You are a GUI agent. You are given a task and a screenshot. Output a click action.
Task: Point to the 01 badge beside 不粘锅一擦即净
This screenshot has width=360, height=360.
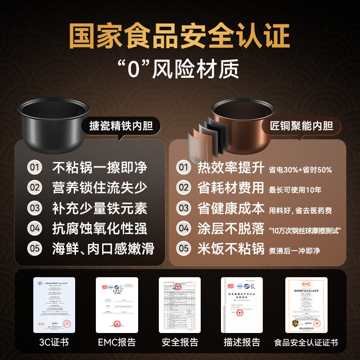click(35, 168)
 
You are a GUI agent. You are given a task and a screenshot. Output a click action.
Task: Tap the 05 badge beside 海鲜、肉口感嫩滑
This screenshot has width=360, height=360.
click(35, 248)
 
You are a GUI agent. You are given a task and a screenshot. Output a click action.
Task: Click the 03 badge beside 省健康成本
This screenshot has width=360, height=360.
click(183, 208)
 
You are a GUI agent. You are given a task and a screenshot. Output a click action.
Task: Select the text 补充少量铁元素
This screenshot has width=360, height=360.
click(99, 208)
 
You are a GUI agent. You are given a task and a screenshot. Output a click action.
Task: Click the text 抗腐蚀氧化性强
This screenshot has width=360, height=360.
click(99, 228)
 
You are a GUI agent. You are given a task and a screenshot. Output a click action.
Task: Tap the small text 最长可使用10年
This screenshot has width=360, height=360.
click(295, 190)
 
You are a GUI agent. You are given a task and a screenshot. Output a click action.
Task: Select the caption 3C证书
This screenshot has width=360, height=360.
click(54, 342)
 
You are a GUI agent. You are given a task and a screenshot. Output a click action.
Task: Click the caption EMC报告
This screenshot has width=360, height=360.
click(117, 342)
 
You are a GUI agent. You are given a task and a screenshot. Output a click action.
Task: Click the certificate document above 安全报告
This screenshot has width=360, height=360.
click(180, 305)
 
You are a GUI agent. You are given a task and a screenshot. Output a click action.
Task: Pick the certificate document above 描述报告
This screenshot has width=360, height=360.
click(242, 305)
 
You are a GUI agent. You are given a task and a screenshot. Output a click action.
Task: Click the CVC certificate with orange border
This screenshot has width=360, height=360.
click(306, 305)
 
